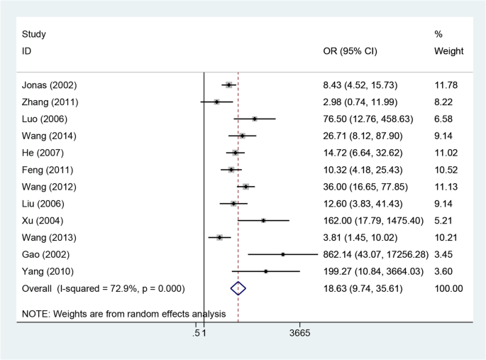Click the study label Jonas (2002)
50,85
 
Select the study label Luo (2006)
47,119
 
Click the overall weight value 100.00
448,288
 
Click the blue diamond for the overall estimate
238,288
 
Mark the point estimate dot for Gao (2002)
282,254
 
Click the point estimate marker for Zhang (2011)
216,102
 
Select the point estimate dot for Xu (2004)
263,221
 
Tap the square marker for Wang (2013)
219,237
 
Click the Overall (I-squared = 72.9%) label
103,288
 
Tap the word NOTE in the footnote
35,313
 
